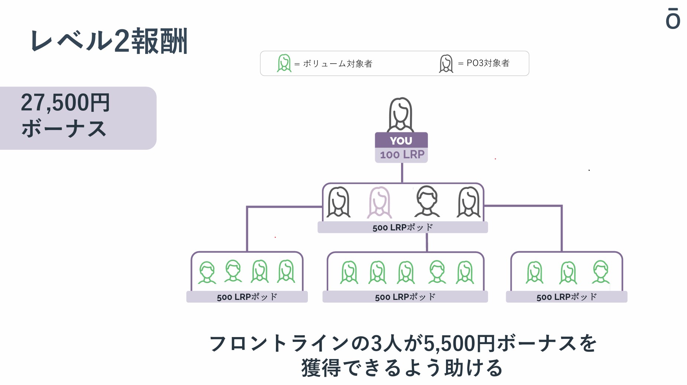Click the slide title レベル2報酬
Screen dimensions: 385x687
(109, 41)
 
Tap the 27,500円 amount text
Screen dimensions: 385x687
(65, 103)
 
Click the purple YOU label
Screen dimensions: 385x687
(401, 140)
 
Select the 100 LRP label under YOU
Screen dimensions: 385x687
(402, 155)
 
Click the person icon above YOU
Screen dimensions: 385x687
(400, 114)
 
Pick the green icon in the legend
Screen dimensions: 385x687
(284, 63)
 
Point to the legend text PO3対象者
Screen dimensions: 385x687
(488, 63)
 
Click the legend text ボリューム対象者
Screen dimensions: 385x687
(338, 64)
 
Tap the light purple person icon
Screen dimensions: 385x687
(379, 202)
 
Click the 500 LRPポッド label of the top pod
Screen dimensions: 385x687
(403, 227)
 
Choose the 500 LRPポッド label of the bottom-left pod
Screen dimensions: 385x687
(247, 297)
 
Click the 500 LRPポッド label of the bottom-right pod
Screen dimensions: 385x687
(566, 297)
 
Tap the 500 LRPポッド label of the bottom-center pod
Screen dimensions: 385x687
(405, 297)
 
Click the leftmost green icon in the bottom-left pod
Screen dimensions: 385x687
(207, 272)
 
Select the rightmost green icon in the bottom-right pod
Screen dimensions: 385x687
(600, 272)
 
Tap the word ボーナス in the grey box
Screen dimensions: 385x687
(64, 129)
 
